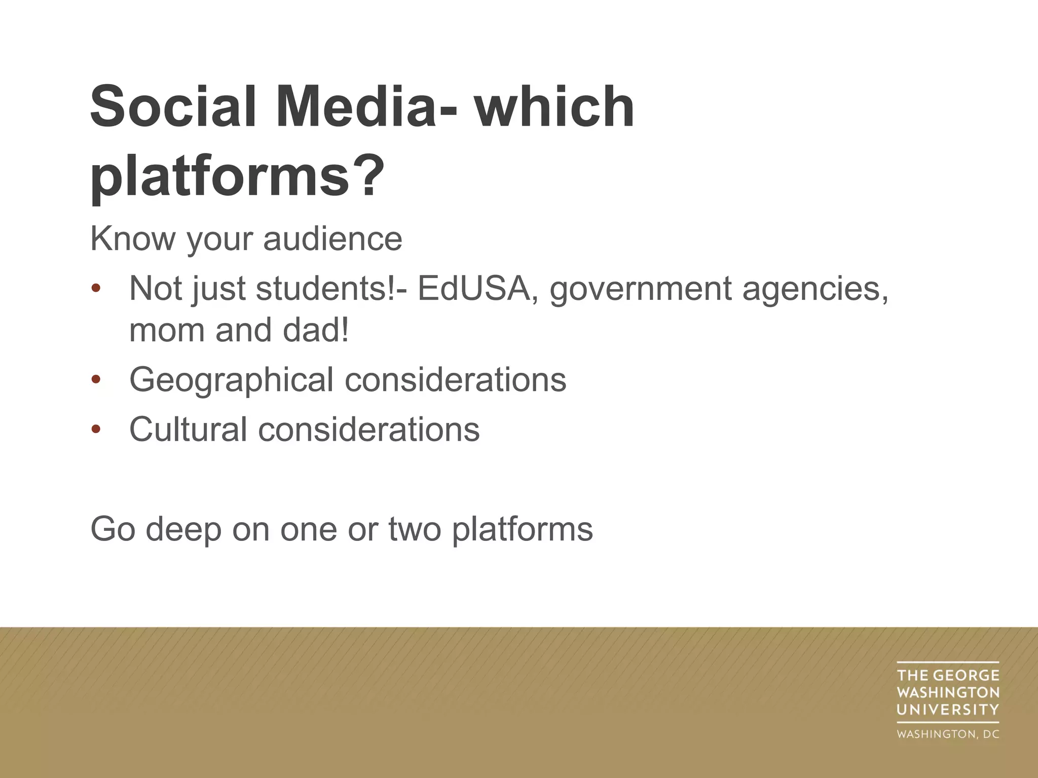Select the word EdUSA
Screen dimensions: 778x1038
pyautogui.click(x=473, y=288)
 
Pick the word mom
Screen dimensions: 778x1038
pyautogui.click(x=167, y=330)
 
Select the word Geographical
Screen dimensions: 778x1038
pyautogui.click(x=231, y=380)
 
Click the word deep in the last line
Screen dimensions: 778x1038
pyautogui.click(x=183, y=530)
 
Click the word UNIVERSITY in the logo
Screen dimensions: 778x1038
pyautogui.click(x=947, y=710)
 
